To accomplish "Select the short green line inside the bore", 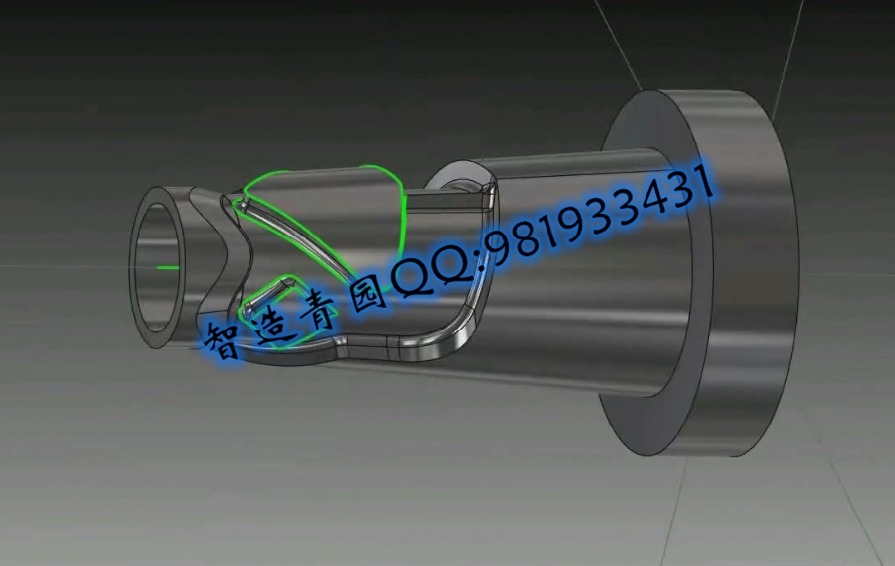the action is click(168, 267).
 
